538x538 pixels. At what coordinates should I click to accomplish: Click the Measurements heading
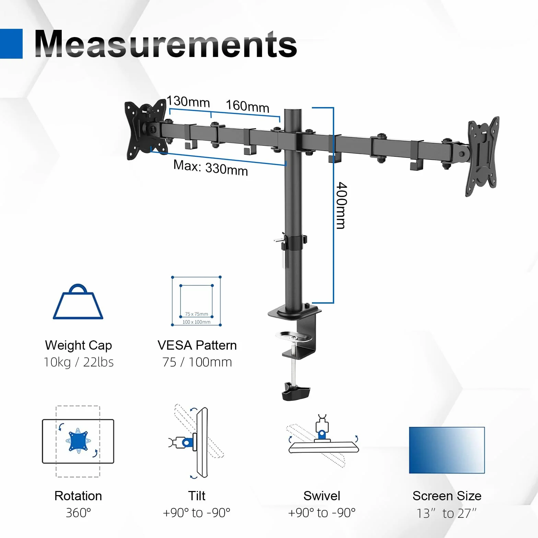pyautogui.click(x=166, y=44)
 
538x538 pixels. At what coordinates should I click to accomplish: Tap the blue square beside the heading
pyautogui.click(x=11, y=44)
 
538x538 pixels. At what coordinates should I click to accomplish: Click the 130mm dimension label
pyautogui.click(x=188, y=102)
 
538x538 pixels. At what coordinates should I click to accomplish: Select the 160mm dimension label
pyautogui.click(x=247, y=106)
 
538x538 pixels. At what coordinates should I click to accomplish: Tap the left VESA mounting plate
pyautogui.click(x=145, y=129)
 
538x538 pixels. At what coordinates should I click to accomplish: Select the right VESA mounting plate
pyautogui.click(x=482, y=156)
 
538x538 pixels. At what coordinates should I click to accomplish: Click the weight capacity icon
pyautogui.click(x=78, y=302)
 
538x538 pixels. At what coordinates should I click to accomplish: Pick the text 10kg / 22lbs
pyautogui.click(x=79, y=362)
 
